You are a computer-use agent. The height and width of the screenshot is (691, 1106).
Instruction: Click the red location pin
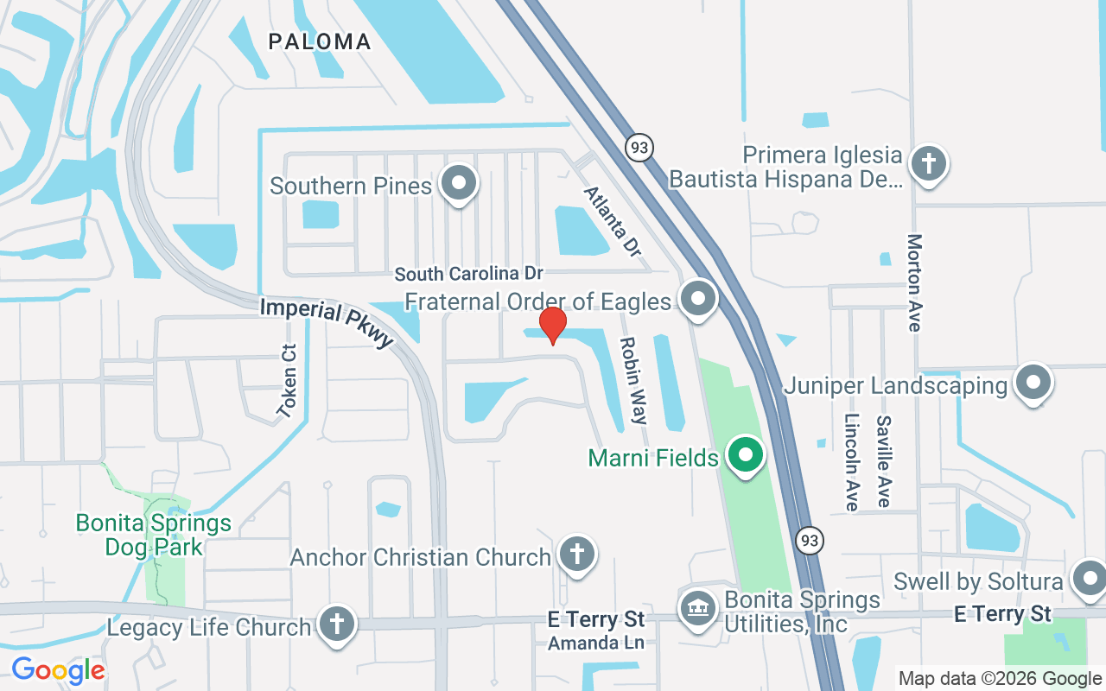(552, 326)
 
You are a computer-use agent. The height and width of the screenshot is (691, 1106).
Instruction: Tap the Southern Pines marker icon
(459, 184)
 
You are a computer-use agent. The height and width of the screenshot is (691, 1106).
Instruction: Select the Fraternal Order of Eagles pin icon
(697, 299)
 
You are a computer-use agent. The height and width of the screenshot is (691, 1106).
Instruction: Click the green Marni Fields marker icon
(745, 454)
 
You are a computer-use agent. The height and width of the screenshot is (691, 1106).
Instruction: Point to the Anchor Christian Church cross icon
(576, 554)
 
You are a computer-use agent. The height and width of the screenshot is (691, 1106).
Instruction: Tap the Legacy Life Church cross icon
(337, 624)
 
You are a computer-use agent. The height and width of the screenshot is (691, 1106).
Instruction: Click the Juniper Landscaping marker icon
(1032, 383)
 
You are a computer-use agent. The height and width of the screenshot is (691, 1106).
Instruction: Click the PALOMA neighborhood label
(320, 41)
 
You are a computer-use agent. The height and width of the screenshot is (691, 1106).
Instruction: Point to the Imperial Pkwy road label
(327, 321)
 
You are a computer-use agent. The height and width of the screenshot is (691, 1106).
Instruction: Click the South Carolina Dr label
(468, 274)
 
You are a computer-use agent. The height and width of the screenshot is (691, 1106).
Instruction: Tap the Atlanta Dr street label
(613, 221)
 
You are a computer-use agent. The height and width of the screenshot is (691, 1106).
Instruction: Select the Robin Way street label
(632, 381)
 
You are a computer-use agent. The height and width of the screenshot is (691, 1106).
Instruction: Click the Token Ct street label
(288, 381)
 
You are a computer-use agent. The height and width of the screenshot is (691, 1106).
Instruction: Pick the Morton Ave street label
(914, 282)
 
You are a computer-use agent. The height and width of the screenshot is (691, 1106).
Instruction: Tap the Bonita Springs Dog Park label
(154, 534)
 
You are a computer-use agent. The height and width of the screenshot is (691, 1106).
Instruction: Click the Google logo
(58, 670)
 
